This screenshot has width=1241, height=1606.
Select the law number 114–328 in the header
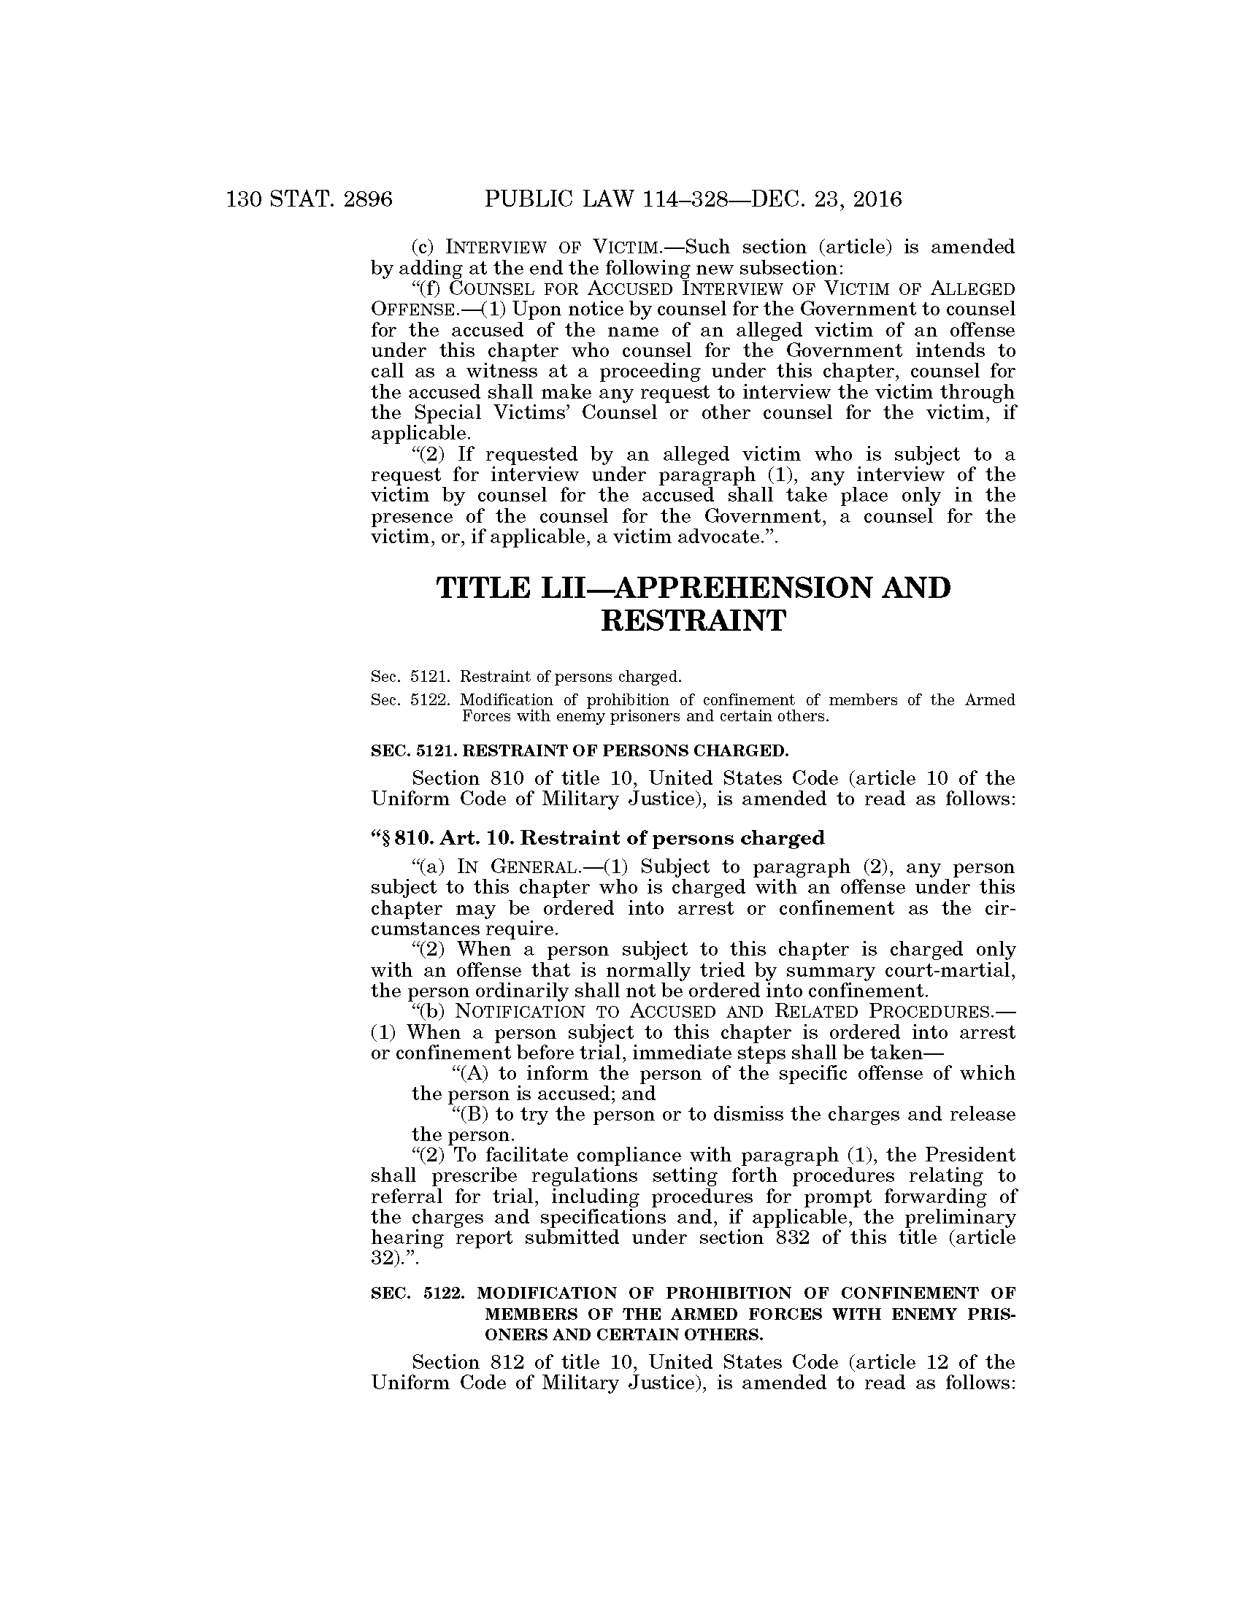tap(698, 199)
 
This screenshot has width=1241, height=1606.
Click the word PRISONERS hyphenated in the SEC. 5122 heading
tap(985, 1314)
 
